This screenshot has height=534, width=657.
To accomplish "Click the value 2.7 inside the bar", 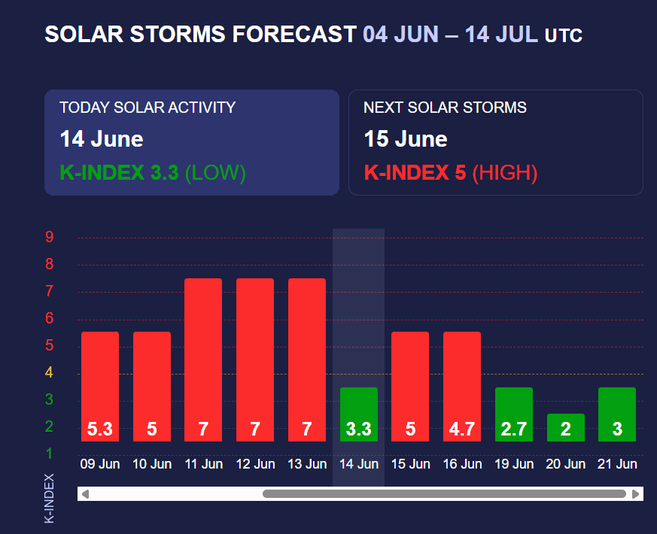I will pyautogui.click(x=513, y=429).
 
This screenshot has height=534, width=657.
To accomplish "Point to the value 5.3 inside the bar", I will pyautogui.click(x=100, y=429).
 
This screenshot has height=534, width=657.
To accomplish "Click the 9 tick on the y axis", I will pyautogui.click(x=49, y=238).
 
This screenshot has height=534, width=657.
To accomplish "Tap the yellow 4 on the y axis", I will pyautogui.click(x=49, y=372).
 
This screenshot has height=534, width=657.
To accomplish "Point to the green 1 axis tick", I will pyautogui.click(x=49, y=454).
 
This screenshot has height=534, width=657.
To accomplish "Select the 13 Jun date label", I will pyautogui.click(x=307, y=464).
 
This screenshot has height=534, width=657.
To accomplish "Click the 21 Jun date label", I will pyautogui.click(x=617, y=464).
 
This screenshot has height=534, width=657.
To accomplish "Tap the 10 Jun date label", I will pyautogui.click(x=152, y=464).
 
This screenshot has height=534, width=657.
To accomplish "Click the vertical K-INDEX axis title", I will pyautogui.click(x=49, y=498).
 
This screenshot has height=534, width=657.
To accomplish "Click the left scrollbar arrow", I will pyautogui.click(x=85, y=494).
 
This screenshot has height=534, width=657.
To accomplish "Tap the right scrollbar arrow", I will pyautogui.click(x=636, y=494).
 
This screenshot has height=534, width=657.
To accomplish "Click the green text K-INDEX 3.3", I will pyautogui.click(x=119, y=174).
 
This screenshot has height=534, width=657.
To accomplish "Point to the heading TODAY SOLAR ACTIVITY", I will pyautogui.click(x=148, y=108).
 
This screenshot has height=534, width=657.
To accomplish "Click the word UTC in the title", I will pyautogui.click(x=563, y=35).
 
